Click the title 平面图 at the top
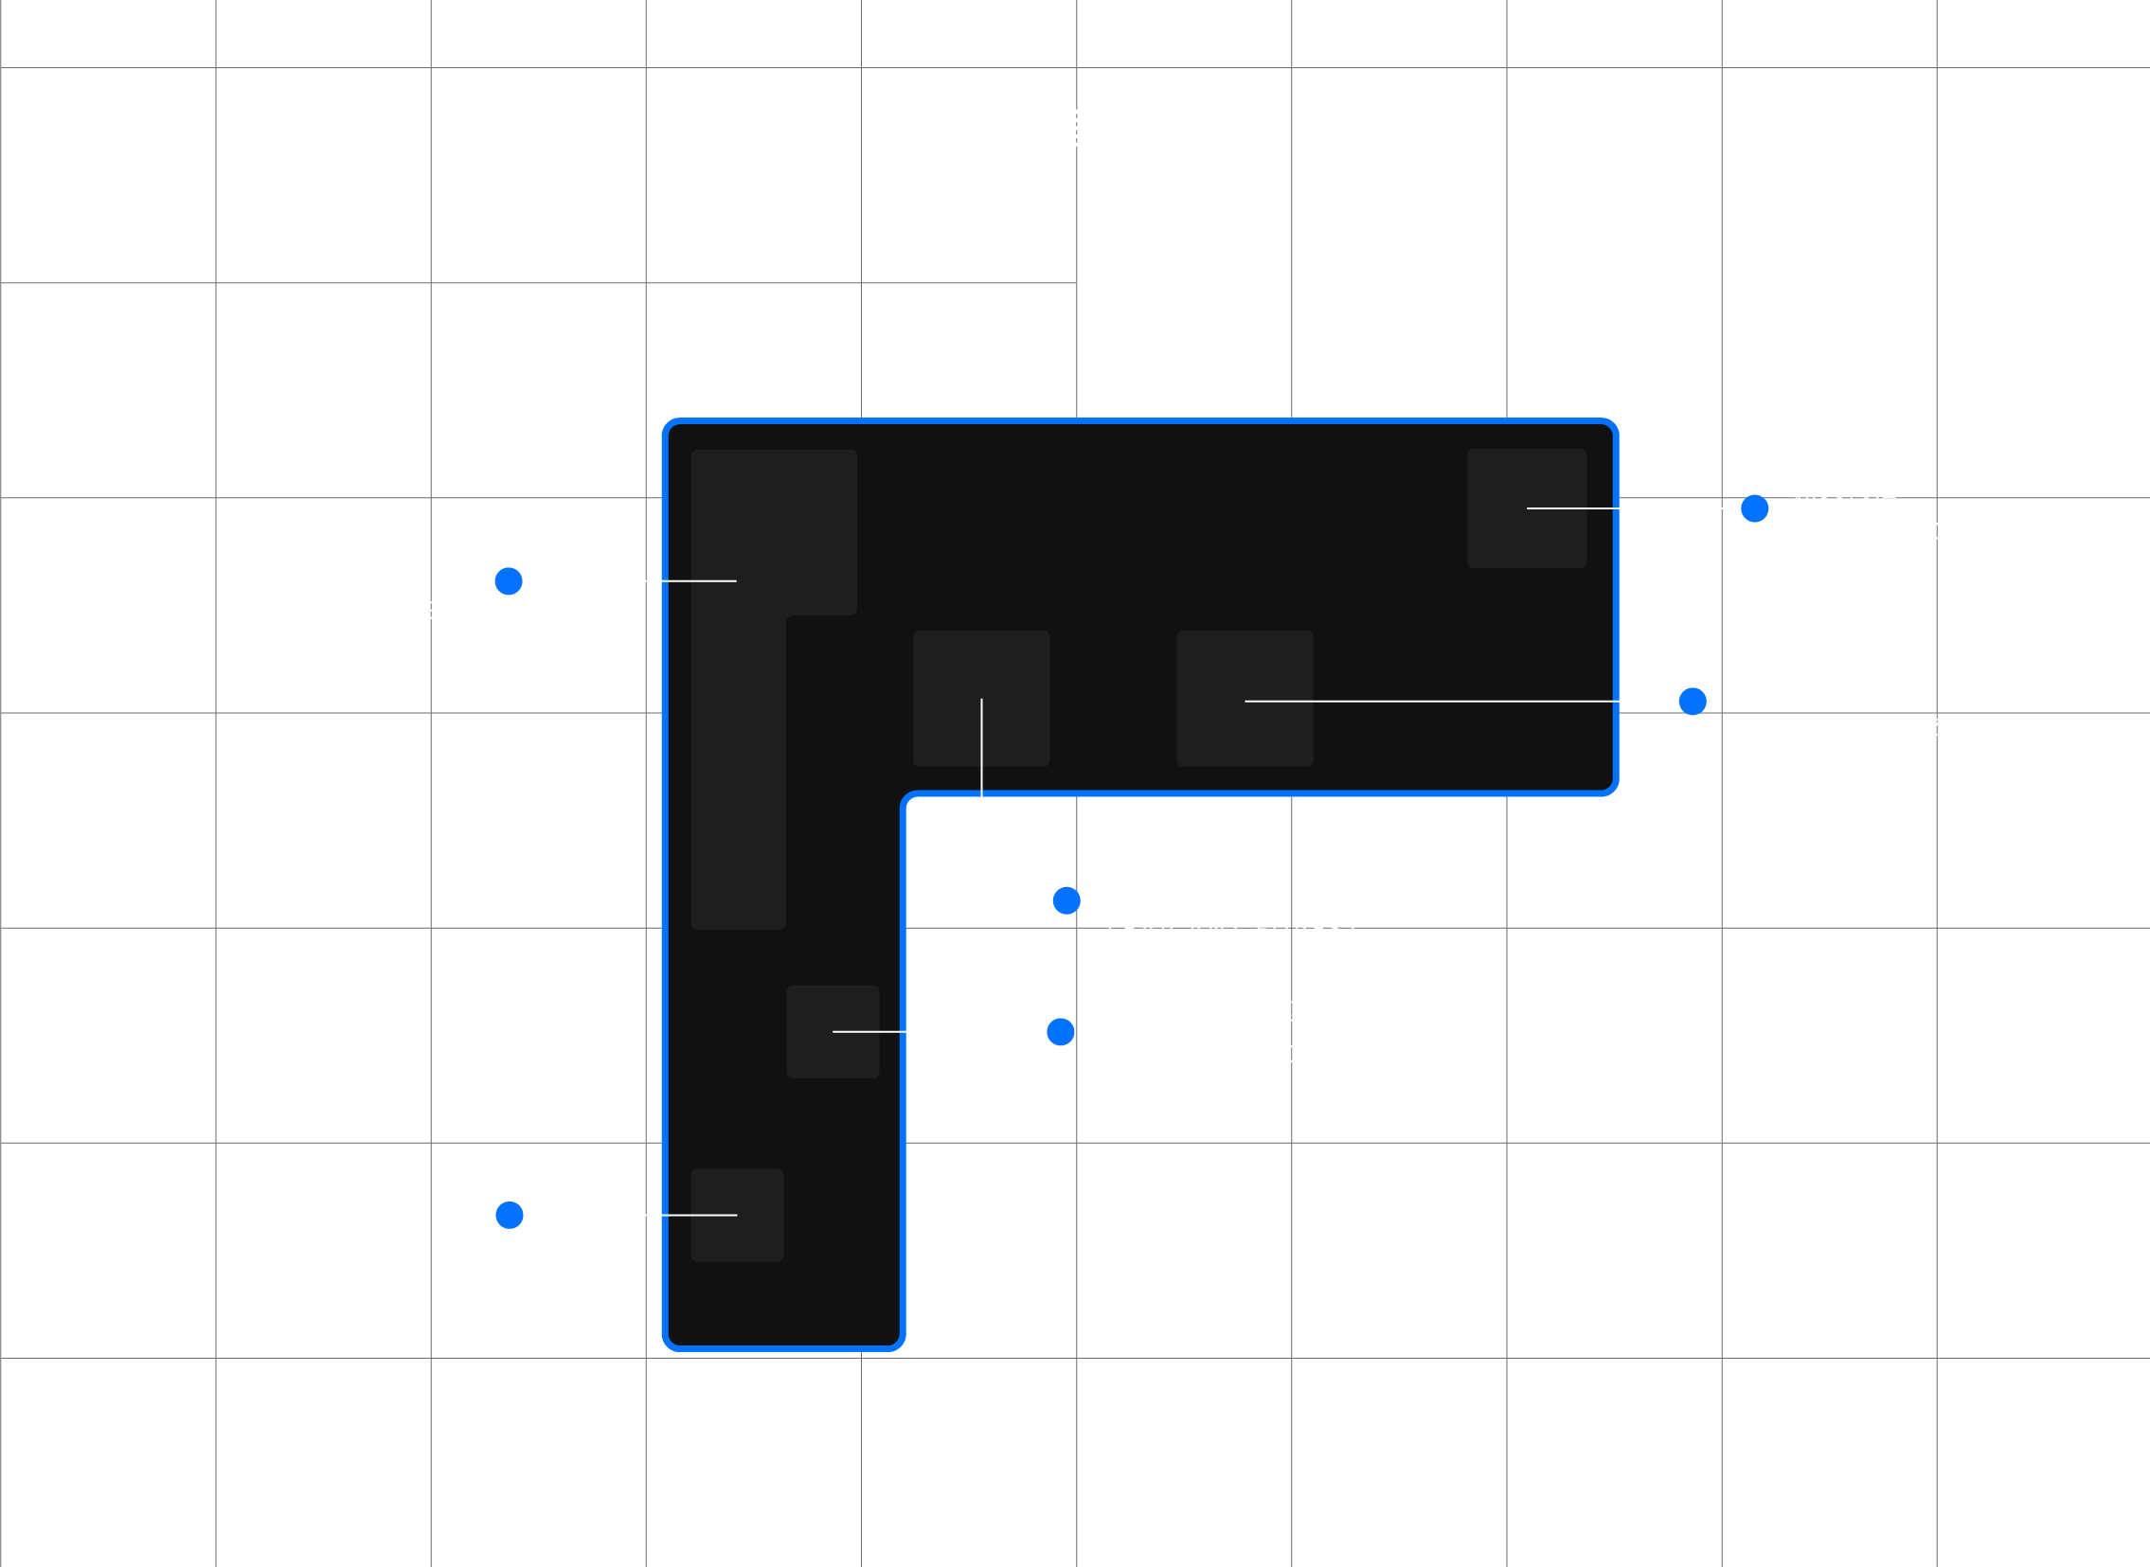pyautogui.click(x=1075, y=130)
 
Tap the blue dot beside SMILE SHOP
pyautogui.click(x=1754, y=508)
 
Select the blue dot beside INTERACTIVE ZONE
pyautogui.click(x=1693, y=701)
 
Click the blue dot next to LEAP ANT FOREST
pyautogui.click(x=1066, y=900)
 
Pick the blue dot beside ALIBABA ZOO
pyautogui.click(x=1061, y=1031)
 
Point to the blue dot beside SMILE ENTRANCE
pyautogui.click(x=510, y=1215)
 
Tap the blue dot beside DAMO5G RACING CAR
pyautogui.click(x=509, y=580)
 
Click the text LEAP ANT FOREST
pyautogui.click(x=1233, y=930)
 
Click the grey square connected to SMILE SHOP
pyautogui.click(x=1527, y=508)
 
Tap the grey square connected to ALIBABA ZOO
pyautogui.click(x=833, y=1031)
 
